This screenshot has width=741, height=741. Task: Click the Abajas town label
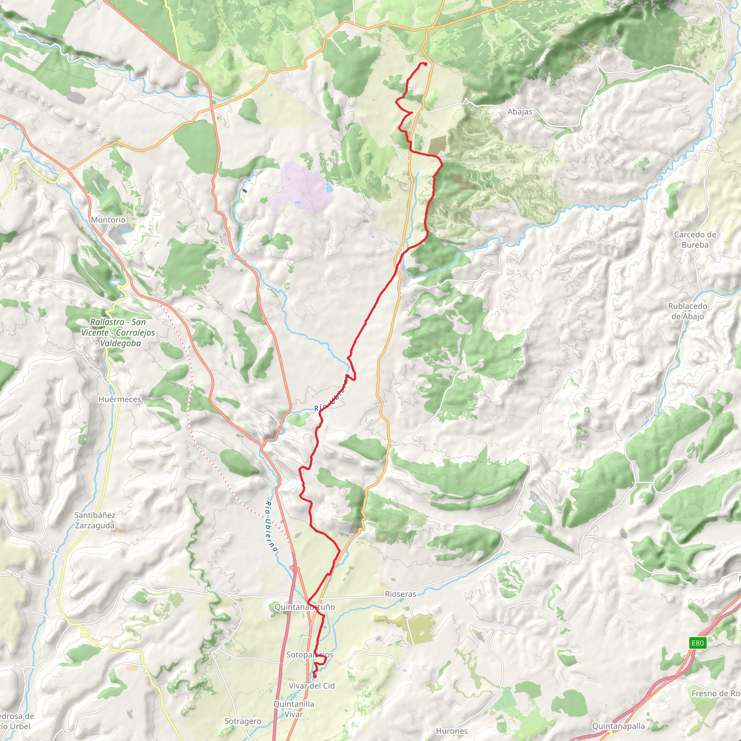point(520,111)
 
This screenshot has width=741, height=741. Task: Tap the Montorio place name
point(108,220)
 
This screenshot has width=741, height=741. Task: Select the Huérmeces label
point(120,399)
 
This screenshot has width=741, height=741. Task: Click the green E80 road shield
point(697,643)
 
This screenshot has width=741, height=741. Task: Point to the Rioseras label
point(401,594)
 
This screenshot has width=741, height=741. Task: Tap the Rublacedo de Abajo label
point(687,311)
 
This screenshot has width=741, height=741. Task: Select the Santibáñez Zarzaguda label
point(95,520)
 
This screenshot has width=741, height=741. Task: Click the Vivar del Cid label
point(312,686)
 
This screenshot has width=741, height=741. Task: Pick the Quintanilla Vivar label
point(294,709)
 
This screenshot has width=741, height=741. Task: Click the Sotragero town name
point(242,721)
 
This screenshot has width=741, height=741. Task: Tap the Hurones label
point(452,731)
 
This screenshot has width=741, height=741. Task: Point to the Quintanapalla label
point(618,726)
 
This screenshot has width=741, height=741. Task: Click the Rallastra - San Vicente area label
point(118,333)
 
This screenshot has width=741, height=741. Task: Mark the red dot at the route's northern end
point(425,64)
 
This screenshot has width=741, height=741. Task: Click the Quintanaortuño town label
point(305,607)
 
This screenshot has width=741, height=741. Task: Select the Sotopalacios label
point(309,655)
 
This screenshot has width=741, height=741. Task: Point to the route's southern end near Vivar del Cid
point(314,676)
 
